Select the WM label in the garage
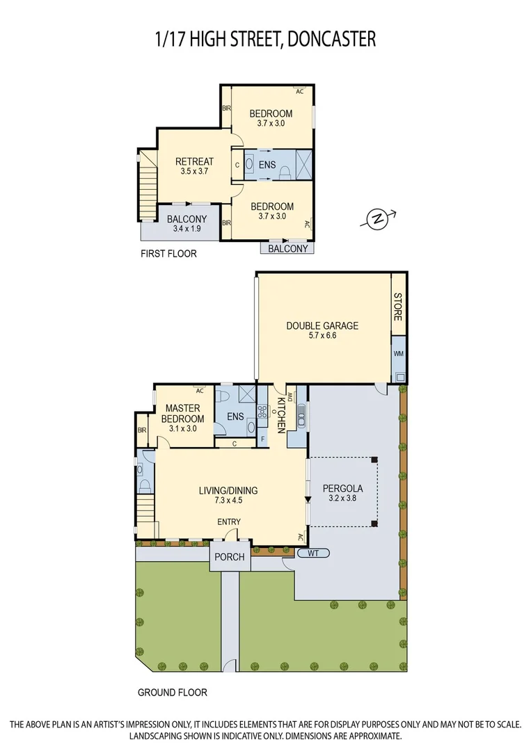pos(398,354)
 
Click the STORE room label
pos(398,307)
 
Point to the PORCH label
pos(229,557)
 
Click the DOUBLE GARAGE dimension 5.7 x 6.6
pos(322,335)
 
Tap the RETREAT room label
pos(194,162)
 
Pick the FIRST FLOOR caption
pos(168,254)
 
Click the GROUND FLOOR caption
pos(172,693)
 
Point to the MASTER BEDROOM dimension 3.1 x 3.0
pos(182,428)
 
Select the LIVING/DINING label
pos(228,490)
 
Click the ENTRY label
pos(229,522)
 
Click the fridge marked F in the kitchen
pos(262,439)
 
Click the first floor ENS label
pos(267,165)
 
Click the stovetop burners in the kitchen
pos(262,412)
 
